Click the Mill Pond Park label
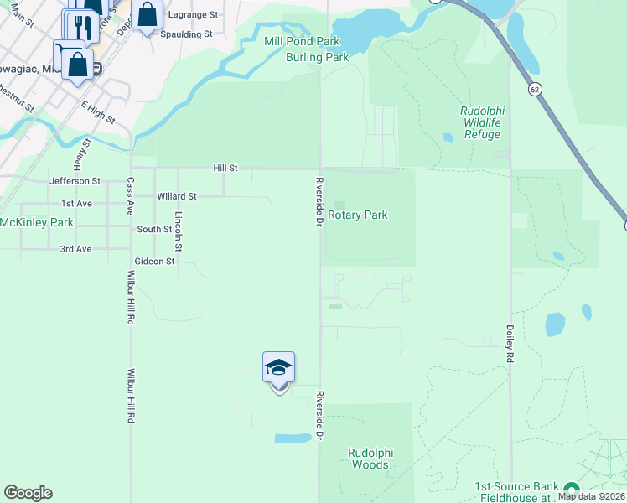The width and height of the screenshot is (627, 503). coord(289,41)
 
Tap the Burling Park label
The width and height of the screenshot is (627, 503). coord(317,57)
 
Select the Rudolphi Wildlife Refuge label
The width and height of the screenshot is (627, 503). coord(481,122)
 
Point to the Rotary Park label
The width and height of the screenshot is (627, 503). coord(357,215)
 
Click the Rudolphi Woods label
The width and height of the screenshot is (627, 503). coord(369,459)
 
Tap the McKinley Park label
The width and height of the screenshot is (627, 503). coord(37,222)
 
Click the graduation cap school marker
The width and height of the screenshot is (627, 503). coord(278,368)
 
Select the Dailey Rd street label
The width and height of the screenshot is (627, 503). coord(509,345)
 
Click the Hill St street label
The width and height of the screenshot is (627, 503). coord(225,169)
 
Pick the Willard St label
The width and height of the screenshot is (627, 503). coord(176,196)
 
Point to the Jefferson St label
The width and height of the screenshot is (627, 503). coord(75,180)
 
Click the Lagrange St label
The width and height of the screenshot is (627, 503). coord(193,15)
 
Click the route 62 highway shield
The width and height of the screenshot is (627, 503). coord(534,88)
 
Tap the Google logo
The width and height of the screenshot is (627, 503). coord(28,493)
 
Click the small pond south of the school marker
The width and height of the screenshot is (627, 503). coord(292,438)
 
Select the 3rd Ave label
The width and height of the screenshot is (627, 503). coord(76,249)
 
